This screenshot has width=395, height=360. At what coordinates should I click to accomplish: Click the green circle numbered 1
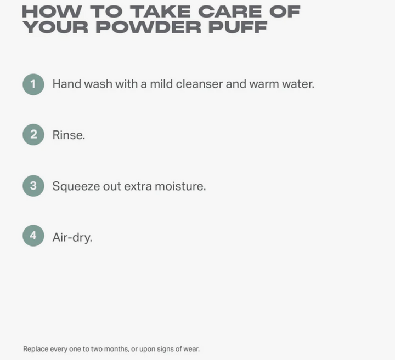(33, 84)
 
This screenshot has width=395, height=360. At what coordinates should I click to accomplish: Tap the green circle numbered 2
(33, 135)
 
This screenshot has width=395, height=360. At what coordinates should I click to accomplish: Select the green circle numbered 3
(33, 186)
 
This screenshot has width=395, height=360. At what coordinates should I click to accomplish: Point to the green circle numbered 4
(33, 236)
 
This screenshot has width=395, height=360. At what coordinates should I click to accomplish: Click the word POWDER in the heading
(148, 27)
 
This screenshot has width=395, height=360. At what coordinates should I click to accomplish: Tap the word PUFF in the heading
(238, 27)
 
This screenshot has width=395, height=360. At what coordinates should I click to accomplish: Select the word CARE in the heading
(230, 12)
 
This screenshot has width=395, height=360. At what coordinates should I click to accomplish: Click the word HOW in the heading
(52, 12)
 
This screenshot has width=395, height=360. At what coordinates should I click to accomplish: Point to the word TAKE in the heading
(160, 12)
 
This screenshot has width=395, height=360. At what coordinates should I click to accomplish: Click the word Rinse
(69, 135)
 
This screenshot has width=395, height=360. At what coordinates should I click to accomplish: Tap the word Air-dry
(72, 237)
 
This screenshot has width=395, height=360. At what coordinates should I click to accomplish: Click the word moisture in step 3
(180, 186)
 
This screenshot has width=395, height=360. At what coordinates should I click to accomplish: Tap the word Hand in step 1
(67, 84)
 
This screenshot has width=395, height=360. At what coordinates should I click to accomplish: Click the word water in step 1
(298, 84)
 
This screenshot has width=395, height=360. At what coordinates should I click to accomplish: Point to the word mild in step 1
(161, 84)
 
